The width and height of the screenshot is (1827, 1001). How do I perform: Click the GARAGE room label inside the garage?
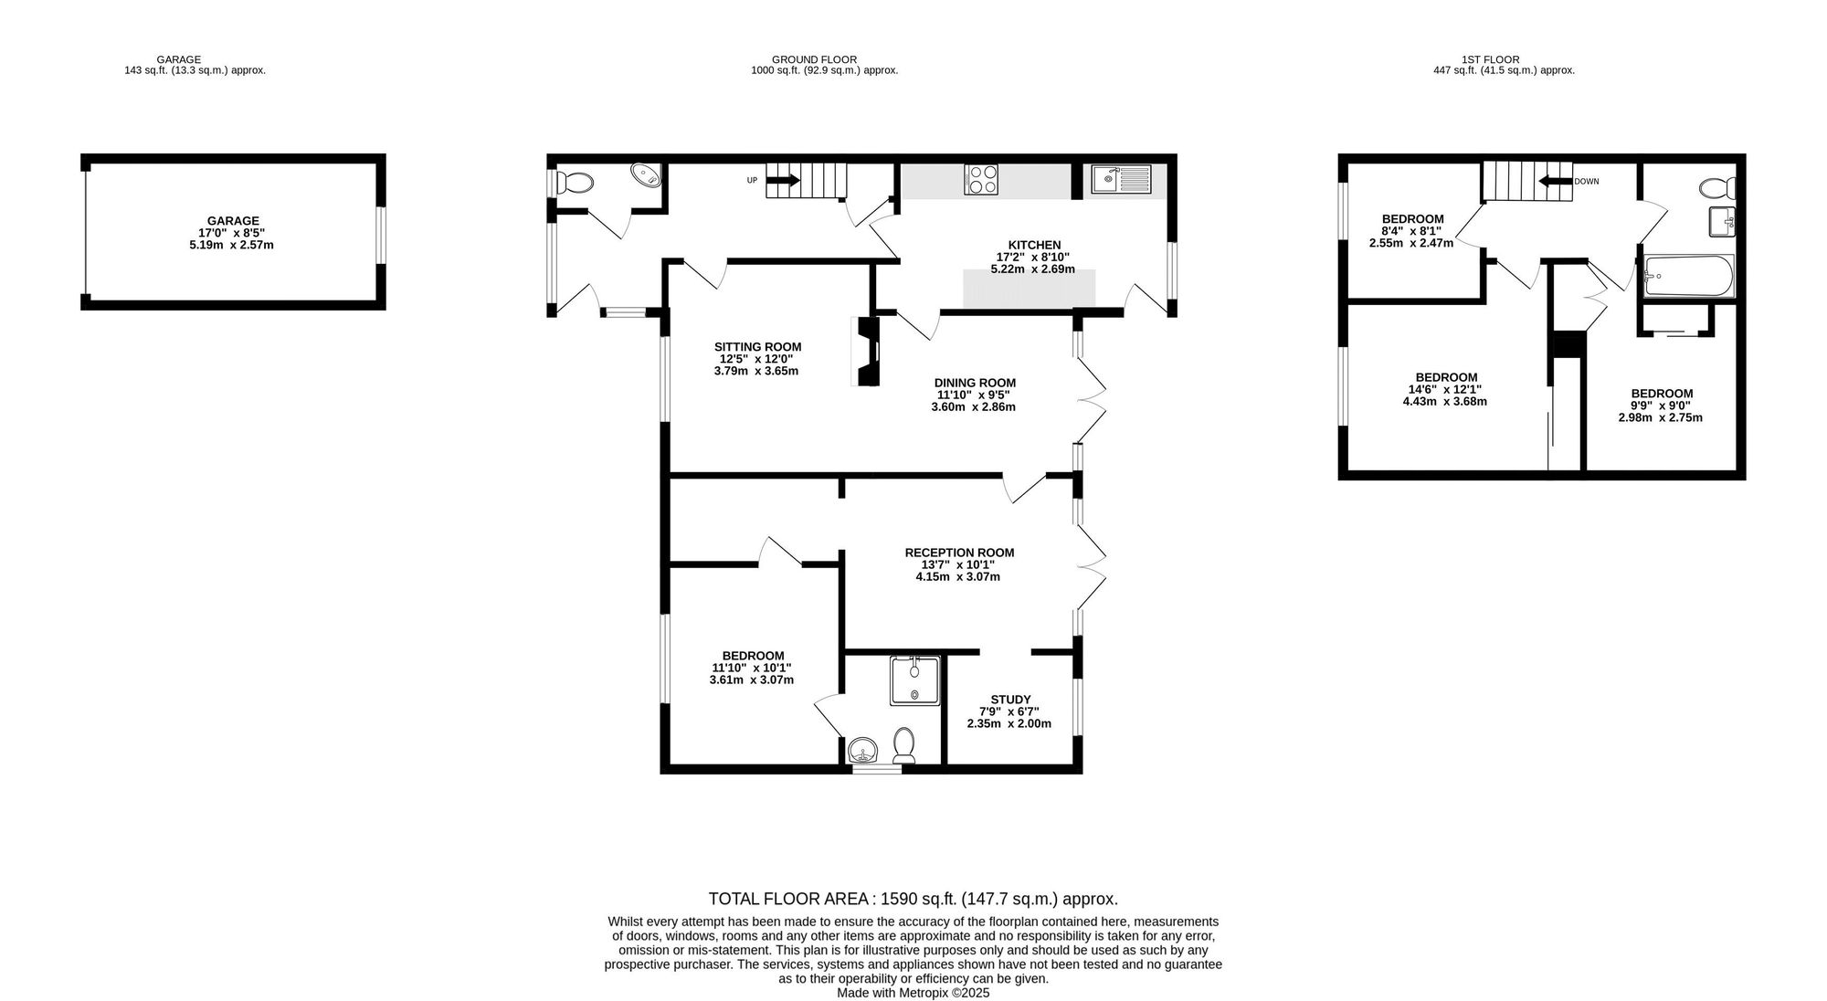[x=233, y=221]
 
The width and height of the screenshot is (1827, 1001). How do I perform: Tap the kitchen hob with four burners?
[x=981, y=179]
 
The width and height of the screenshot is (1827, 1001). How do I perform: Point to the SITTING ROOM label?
[x=757, y=347]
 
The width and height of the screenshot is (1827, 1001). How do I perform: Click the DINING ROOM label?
[x=975, y=384]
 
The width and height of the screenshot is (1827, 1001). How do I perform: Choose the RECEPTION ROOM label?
[x=959, y=553]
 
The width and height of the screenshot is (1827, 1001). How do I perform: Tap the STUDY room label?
[x=1010, y=700]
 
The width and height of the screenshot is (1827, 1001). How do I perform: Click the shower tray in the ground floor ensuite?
[x=914, y=680]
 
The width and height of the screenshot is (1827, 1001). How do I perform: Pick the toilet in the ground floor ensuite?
[x=904, y=746]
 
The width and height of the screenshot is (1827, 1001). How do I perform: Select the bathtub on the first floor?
[x=1687, y=277]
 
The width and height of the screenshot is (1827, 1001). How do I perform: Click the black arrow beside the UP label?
[x=783, y=181]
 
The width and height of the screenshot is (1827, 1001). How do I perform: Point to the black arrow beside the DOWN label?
[x=1555, y=181]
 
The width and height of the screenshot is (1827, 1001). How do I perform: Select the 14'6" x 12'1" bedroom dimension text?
[x=1447, y=390]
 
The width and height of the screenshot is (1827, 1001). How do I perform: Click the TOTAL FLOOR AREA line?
[x=913, y=900]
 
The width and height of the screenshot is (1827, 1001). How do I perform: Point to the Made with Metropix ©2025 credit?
[x=913, y=993]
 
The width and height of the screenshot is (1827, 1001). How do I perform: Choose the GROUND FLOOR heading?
[x=815, y=59]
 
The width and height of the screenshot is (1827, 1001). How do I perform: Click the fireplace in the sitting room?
[x=866, y=351]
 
